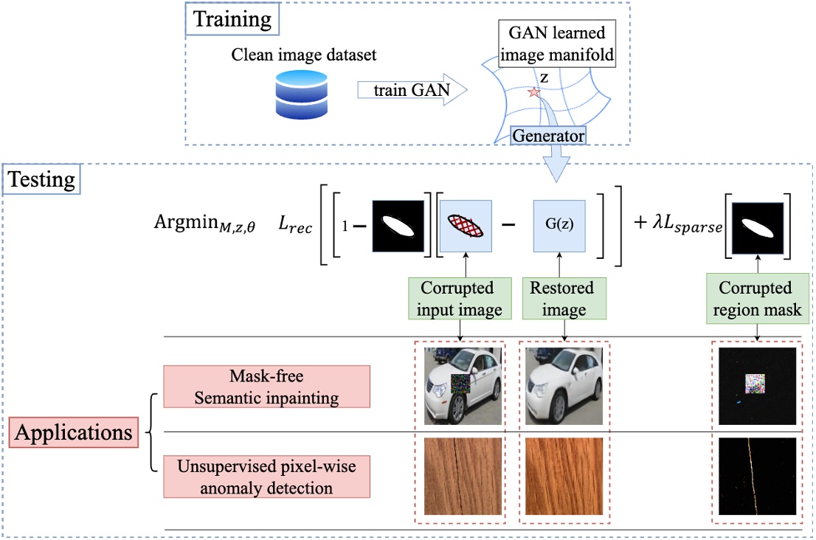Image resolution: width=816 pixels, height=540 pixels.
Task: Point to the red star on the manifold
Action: [534, 92]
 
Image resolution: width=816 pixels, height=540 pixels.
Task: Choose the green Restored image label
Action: [557, 298]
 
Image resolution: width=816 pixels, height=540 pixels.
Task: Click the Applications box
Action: [72, 432]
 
